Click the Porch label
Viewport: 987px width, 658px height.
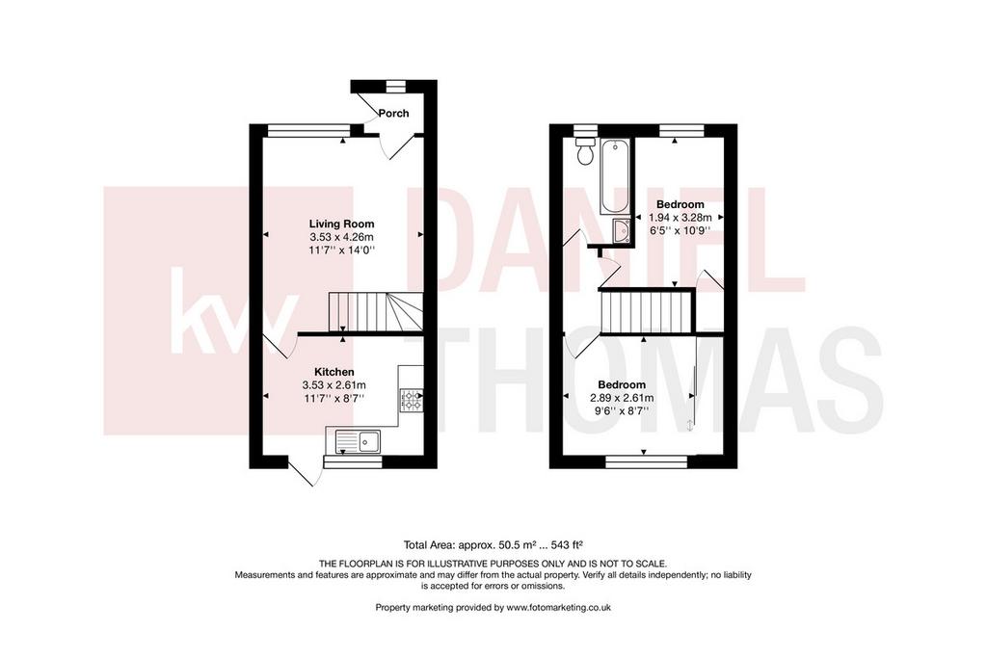[x=393, y=114]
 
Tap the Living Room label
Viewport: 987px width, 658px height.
[x=341, y=224]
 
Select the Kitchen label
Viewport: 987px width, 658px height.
[x=334, y=373]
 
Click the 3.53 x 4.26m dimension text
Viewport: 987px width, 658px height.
[x=341, y=237]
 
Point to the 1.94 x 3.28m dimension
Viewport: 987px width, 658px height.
[x=680, y=218]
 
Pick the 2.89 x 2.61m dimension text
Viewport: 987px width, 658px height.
[x=622, y=398]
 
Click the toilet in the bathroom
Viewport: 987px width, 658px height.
[x=585, y=151]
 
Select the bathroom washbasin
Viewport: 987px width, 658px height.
[x=622, y=230]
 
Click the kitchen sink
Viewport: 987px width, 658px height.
[x=359, y=440]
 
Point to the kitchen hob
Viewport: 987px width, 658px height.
[x=411, y=401]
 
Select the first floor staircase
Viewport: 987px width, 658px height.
[x=648, y=311]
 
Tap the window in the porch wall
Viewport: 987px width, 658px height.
[x=396, y=86]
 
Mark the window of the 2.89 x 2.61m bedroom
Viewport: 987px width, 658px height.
[x=647, y=462]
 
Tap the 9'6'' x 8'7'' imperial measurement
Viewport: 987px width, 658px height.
[x=622, y=411]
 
